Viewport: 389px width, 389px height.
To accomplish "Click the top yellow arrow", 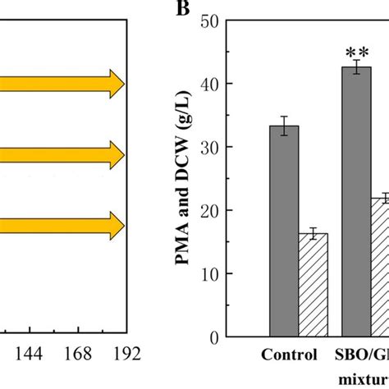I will (62, 83).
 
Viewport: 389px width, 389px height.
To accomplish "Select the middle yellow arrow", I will (62, 153).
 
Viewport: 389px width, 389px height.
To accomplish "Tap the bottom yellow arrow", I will (62, 224).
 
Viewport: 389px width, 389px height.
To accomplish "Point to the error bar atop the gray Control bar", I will (284, 126).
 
